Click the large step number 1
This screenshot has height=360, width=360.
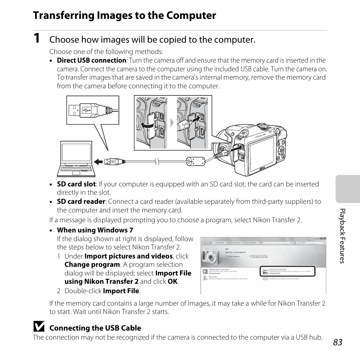[36, 39]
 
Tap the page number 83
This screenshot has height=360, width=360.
[338, 342]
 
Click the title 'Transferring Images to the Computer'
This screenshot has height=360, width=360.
[125, 15]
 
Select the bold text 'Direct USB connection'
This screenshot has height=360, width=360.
[91, 60]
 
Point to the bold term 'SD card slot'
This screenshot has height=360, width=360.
[76, 184]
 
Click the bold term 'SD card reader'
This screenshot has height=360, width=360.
[81, 202]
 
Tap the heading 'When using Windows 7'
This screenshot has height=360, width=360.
[95, 230]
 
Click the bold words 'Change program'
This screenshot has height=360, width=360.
[92, 265]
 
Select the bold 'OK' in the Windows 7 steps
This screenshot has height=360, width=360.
[172, 282]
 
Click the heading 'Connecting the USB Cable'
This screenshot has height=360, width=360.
[95, 328]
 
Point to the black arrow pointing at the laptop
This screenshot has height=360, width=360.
[98, 162]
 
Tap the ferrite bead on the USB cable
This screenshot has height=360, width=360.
[195, 162]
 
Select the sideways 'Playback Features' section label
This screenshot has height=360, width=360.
[342, 235]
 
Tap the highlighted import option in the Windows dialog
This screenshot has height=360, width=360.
[287, 271]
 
